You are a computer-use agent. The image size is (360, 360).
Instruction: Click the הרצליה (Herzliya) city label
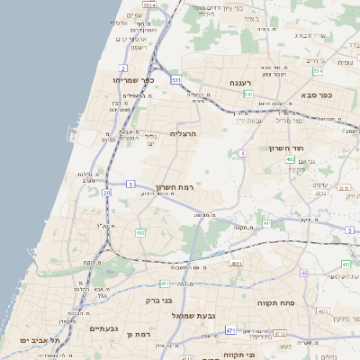[x=183, y=133]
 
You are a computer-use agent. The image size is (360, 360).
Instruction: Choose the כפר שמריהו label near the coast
[x=134, y=81]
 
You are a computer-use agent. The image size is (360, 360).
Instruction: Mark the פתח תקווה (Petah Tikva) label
[x=275, y=303]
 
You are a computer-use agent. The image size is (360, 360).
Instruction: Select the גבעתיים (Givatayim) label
[x=104, y=328]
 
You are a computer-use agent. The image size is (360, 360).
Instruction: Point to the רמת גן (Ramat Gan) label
[x=142, y=334]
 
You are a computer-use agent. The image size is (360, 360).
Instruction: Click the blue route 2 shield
[x=122, y=68]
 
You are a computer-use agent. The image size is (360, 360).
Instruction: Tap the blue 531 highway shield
[x=176, y=80]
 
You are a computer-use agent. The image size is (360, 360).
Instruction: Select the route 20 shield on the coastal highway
[x=107, y=192]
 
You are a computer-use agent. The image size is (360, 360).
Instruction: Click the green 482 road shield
[x=140, y=232]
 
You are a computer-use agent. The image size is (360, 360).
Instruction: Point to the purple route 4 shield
[x=243, y=153]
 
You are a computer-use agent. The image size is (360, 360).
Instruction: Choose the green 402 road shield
[x=291, y=159]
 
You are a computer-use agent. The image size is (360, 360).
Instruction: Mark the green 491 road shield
[x=266, y=223]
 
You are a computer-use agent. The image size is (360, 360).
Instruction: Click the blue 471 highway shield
[x=230, y=330]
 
